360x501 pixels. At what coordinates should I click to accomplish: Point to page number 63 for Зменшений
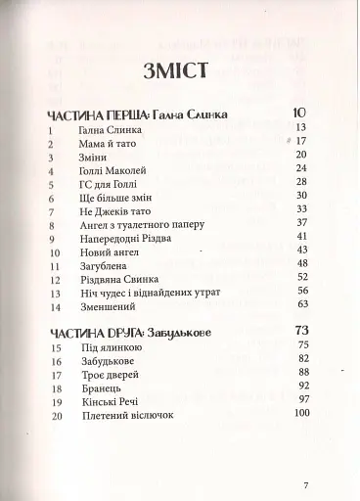coord(302,305)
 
